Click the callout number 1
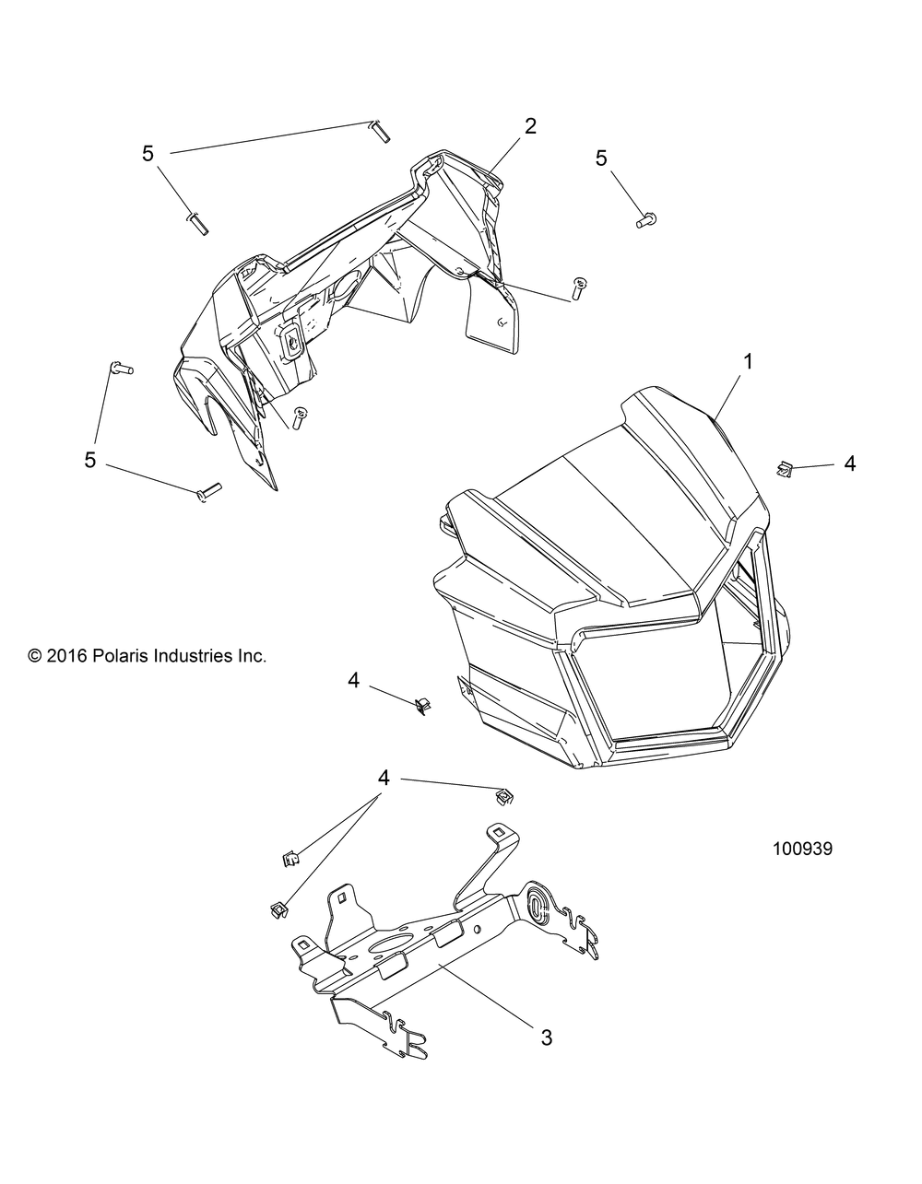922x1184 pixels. click(x=749, y=362)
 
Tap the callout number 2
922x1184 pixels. click(x=530, y=127)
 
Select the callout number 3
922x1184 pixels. click(x=547, y=1037)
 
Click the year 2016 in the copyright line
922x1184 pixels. click(x=65, y=656)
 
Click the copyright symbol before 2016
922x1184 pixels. click(x=35, y=657)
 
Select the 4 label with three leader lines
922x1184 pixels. click(x=384, y=779)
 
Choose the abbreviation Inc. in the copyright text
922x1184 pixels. click(x=252, y=656)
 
